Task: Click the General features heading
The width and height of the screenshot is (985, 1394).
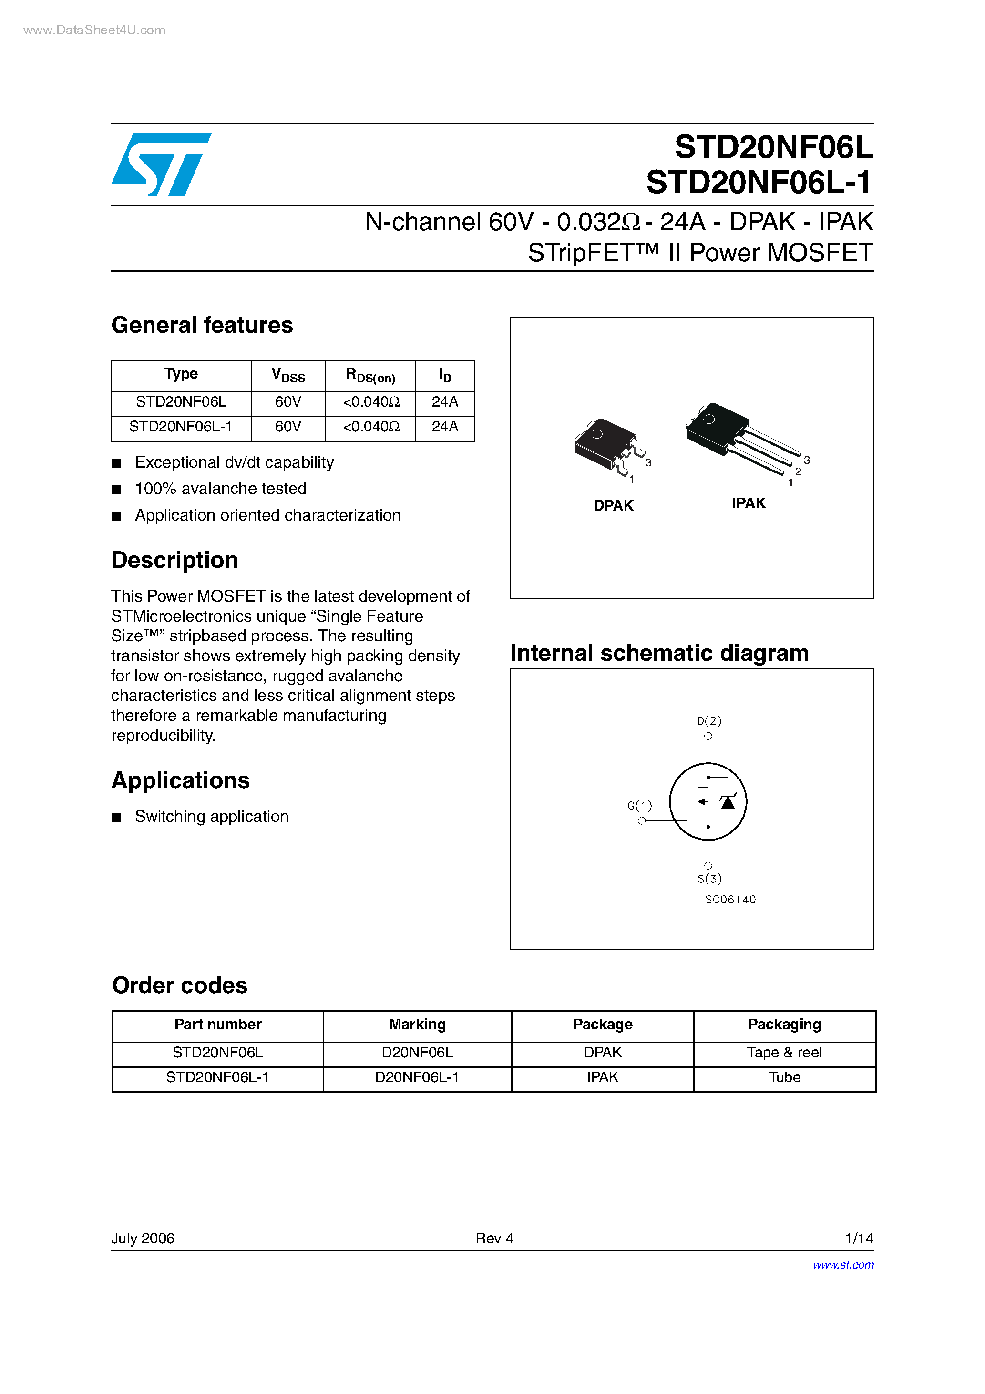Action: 202,326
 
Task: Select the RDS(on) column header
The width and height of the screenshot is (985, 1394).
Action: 370,376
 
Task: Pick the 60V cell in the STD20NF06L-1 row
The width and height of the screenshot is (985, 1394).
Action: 288,427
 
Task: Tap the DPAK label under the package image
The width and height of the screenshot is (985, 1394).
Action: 613,506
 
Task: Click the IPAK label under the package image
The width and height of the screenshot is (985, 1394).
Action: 748,503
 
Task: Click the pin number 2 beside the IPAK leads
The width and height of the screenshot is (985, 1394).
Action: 798,472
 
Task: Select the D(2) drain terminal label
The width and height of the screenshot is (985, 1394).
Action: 708,721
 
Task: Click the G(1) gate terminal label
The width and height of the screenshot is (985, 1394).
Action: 639,806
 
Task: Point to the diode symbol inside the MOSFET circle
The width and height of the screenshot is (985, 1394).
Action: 728,802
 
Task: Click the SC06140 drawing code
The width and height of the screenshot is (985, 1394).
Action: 730,900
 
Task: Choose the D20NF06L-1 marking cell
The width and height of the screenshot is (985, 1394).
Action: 417,1077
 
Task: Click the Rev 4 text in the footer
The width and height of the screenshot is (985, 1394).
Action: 494,1238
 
